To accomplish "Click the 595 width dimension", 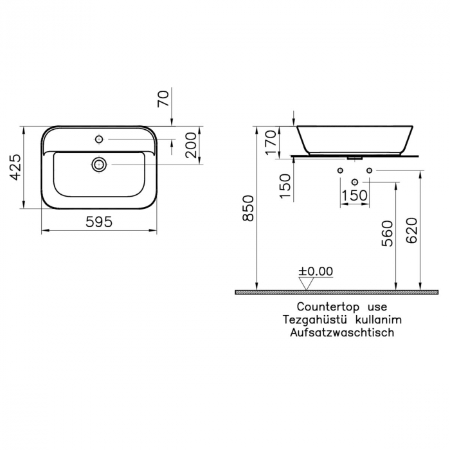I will tap(99, 221).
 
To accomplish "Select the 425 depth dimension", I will tap(17, 166).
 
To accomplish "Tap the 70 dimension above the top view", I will tap(164, 98).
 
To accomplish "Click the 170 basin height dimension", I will tap(270, 140).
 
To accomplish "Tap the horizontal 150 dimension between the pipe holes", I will tap(354, 195).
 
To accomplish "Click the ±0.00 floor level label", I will tap(316, 271).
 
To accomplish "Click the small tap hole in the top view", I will tap(100, 138).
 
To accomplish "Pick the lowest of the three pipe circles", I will tap(354, 182).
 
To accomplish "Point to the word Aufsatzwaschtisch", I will tap(341, 332).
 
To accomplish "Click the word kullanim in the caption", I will tap(378, 319).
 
